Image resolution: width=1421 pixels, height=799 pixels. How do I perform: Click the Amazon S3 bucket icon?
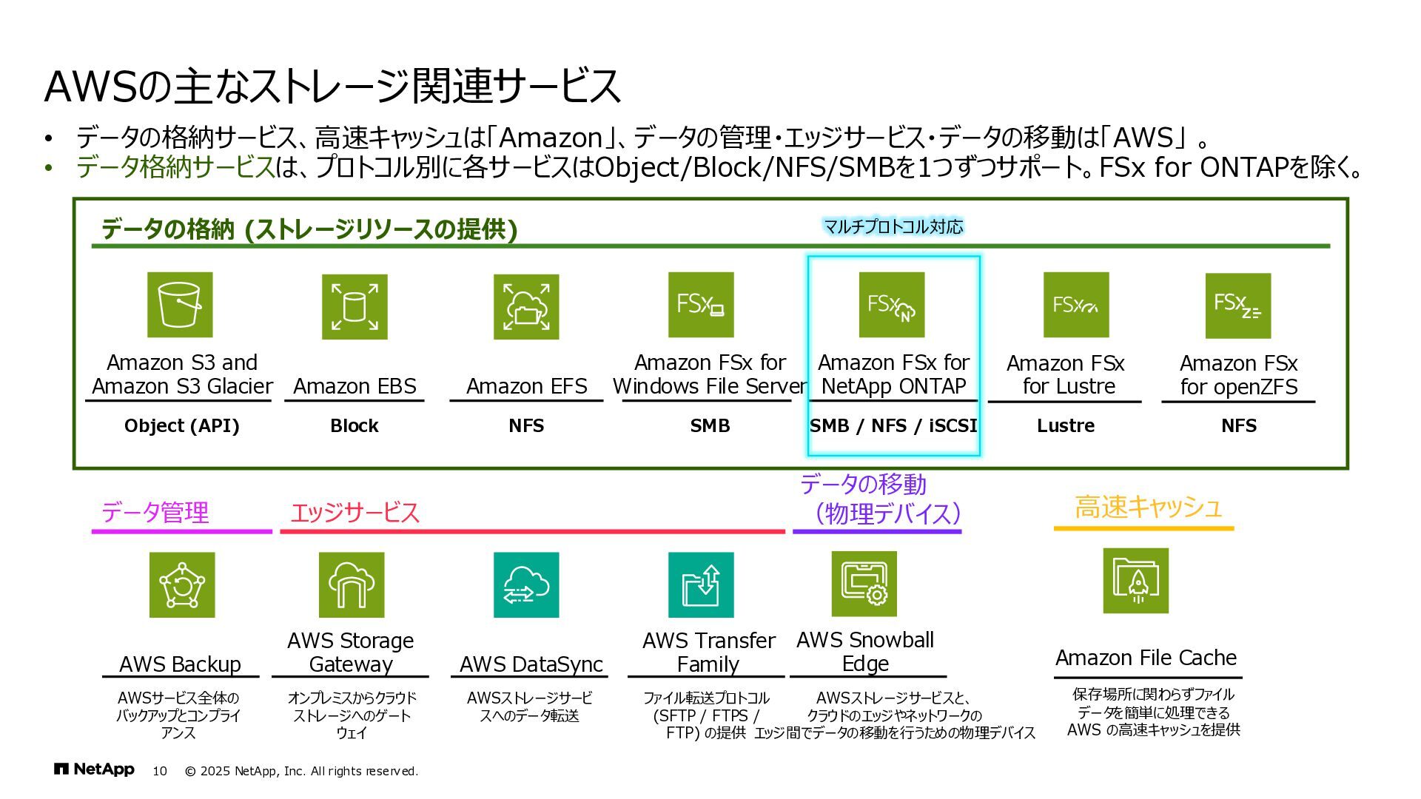point(180,305)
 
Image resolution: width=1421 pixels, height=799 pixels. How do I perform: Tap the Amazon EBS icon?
point(355,307)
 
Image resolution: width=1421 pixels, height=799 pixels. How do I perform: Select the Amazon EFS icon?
point(526,307)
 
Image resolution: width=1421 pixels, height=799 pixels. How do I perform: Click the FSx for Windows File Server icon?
point(701,305)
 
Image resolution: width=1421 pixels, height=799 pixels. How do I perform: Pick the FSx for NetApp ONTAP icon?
point(892,305)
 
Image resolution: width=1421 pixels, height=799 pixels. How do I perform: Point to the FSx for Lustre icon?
point(1076,305)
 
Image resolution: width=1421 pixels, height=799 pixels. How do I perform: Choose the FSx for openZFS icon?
point(1238,306)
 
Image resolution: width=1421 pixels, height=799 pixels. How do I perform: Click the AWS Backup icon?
point(182,584)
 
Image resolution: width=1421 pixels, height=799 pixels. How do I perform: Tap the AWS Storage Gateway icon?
point(352,584)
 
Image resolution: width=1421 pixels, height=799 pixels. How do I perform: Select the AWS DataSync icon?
point(526,584)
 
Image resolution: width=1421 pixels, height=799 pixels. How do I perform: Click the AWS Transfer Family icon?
point(701,584)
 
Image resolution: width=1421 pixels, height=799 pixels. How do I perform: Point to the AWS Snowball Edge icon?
point(864,584)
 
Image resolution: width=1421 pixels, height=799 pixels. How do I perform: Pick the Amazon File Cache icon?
point(1135,581)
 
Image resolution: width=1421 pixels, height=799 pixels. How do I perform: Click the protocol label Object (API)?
point(182,426)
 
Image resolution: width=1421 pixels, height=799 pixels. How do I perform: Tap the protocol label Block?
point(355,426)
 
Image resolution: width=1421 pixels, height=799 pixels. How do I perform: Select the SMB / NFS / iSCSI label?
point(893,426)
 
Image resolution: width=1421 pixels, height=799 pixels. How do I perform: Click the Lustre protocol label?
point(1066,426)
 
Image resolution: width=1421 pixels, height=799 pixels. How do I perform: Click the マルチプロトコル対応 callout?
point(893,226)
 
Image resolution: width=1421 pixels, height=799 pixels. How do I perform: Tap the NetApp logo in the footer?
point(94,769)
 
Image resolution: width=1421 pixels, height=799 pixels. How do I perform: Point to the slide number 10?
point(160,771)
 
